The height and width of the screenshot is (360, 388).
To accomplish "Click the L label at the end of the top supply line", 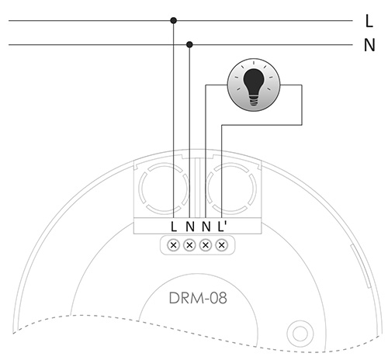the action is (369, 21).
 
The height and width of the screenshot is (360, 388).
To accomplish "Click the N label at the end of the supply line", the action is (369, 45).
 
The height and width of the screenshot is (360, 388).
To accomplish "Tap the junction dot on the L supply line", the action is (174, 20).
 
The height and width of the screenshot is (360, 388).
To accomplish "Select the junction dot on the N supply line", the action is (189, 44).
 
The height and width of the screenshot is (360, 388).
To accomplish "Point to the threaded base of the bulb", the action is (254, 100).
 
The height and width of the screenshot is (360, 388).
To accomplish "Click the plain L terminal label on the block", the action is (174, 227).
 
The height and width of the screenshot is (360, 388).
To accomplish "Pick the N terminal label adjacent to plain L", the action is (190, 227).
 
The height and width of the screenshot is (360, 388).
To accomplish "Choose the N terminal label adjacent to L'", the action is (206, 227).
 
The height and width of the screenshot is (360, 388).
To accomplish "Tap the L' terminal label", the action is (222, 226).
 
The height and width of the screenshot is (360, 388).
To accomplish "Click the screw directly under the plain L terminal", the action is (173, 245).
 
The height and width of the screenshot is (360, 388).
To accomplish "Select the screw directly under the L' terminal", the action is (221, 245).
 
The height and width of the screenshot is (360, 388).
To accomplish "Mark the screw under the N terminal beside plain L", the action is (189, 245).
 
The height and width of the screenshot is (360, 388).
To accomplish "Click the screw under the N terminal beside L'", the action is (206, 245).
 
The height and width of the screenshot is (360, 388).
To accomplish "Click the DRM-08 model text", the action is (198, 298).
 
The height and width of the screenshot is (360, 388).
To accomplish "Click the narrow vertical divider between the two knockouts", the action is (198, 188).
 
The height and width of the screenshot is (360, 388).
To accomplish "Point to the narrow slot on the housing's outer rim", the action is (361, 266).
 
